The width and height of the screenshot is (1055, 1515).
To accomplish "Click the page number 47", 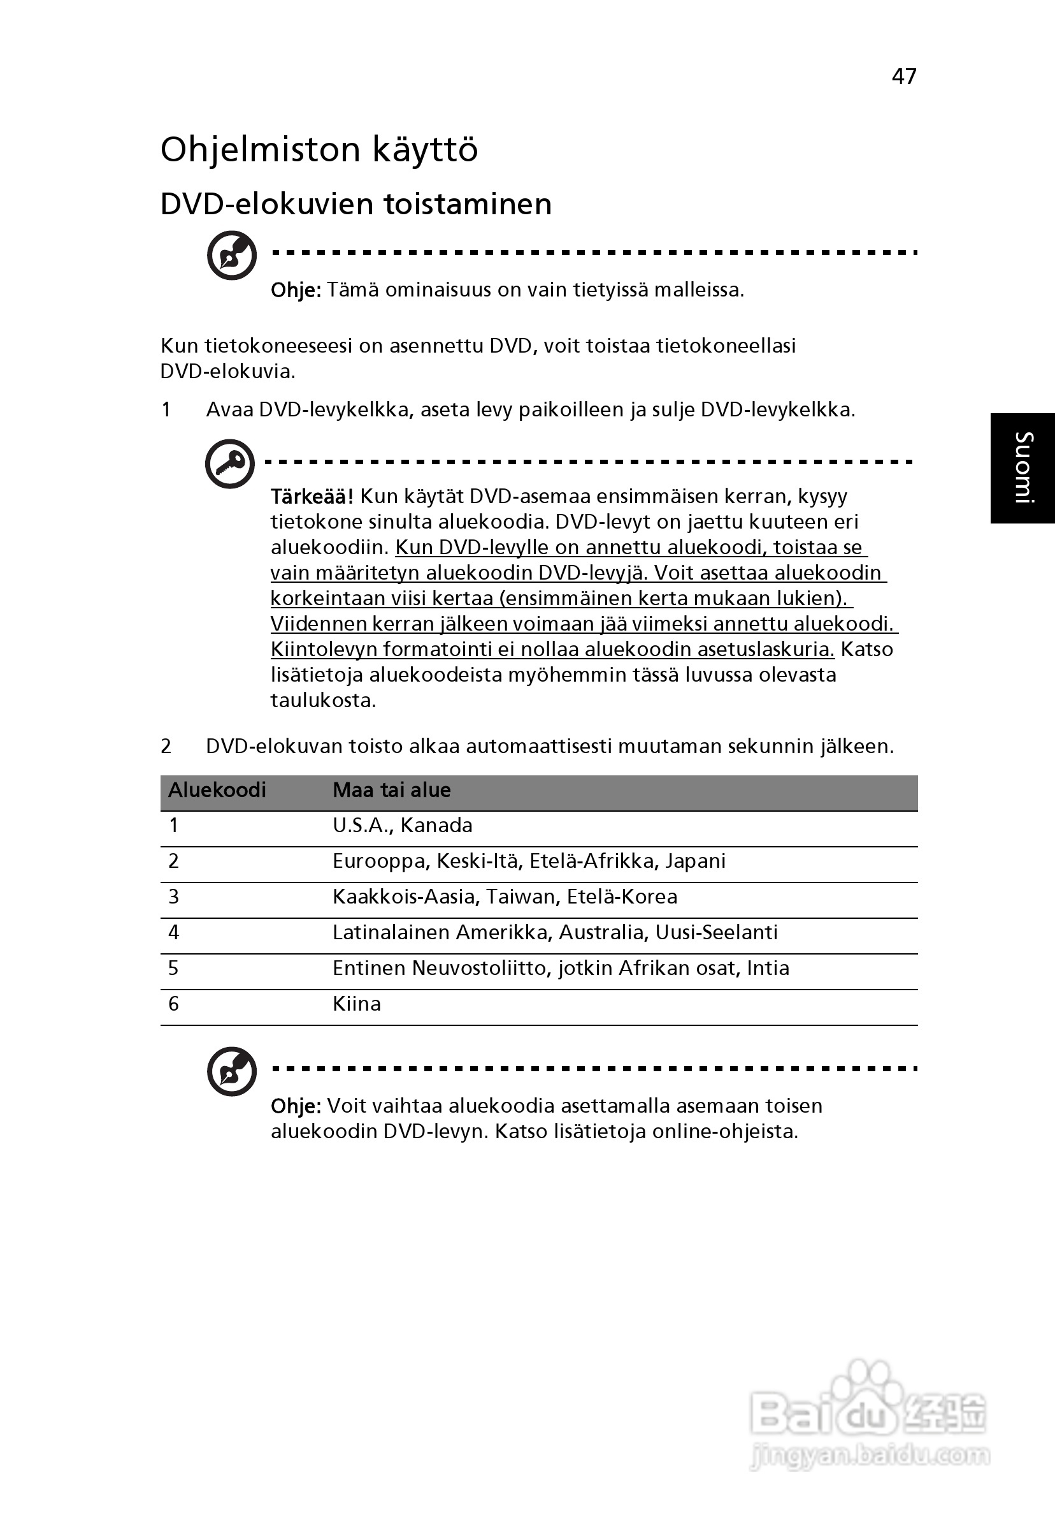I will click(x=903, y=77).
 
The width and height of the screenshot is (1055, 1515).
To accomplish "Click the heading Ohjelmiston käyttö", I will click(x=319, y=150).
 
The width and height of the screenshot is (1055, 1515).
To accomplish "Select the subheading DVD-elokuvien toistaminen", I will click(x=356, y=204).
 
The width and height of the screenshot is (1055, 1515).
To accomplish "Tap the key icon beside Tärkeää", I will click(x=229, y=463).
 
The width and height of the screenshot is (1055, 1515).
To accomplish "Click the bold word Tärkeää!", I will click(x=312, y=496).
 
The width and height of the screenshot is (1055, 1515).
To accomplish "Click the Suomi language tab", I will click(x=1023, y=468).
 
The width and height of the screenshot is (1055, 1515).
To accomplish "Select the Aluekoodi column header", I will click(x=217, y=790).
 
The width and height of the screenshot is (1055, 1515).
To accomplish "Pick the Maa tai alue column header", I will click(x=392, y=790).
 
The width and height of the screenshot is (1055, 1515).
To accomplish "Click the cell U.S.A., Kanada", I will click(x=402, y=826).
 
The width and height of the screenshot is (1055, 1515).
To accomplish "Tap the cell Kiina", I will click(x=357, y=1004).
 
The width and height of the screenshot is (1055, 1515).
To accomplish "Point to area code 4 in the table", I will click(x=174, y=932).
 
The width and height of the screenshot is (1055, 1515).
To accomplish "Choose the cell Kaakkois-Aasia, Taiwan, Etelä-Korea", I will click(x=505, y=897).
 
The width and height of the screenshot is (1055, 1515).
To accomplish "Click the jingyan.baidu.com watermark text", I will click(x=870, y=1456).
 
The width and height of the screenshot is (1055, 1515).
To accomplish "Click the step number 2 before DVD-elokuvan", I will click(x=166, y=746).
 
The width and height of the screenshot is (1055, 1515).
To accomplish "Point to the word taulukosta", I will click(x=323, y=700).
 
